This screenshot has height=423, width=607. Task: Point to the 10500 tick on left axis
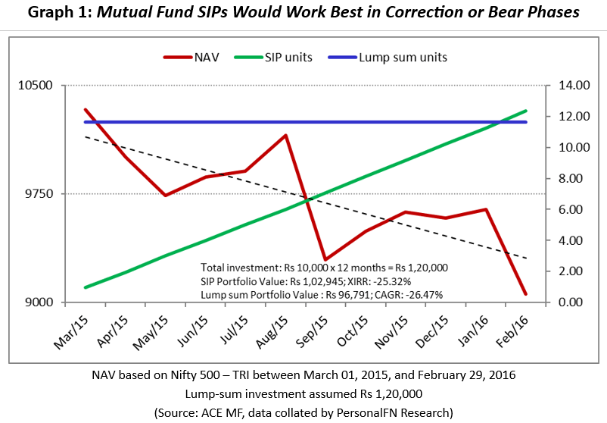tap(36, 86)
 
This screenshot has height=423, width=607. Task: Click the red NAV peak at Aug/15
tap(285, 136)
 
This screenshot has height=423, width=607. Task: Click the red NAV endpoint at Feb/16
tap(525, 294)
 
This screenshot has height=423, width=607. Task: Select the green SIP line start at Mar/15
tap(86, 287)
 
